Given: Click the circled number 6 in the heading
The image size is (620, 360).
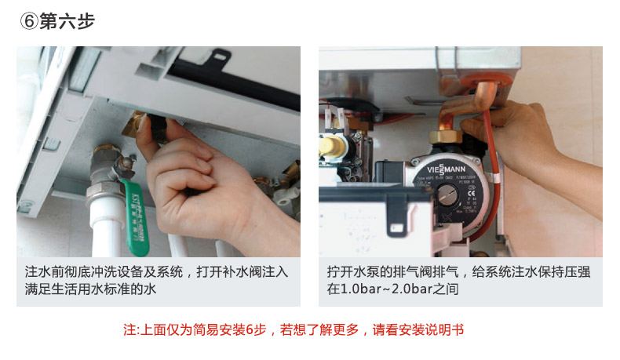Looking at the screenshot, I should tap(28, 21).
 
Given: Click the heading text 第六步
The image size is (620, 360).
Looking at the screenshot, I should tap(67, 21).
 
